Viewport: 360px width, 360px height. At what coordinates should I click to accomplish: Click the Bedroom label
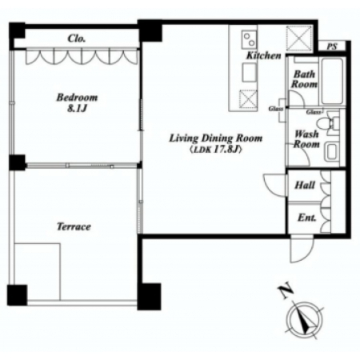coord(77,97)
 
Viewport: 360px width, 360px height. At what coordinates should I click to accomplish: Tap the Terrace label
coord(74,226)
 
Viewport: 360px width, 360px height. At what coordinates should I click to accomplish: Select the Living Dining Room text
coord(216,138)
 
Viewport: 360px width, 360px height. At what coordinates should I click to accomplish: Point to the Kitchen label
coord(263,55)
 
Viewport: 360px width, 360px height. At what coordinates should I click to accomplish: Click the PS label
coord(332,46)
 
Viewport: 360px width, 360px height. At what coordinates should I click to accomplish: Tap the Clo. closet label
coord(77,38)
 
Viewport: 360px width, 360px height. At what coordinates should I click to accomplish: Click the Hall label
coord(305,185)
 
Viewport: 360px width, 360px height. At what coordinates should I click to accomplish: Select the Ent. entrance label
coord(306,218)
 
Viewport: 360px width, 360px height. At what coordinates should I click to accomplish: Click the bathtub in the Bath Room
coord(332,81)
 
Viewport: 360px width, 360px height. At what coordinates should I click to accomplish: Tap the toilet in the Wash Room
coord(328,123)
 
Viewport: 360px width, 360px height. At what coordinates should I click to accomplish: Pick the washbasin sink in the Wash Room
coord(332,152)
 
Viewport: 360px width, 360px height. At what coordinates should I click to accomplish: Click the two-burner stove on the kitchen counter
coord(250,39)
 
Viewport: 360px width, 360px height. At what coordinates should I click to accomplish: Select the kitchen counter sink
coord(250,72)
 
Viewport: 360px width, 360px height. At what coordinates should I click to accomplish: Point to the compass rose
coord(305,319)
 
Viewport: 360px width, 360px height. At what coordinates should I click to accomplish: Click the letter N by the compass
coord(286,291)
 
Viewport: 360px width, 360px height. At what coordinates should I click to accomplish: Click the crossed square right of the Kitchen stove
coord(299,38)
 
